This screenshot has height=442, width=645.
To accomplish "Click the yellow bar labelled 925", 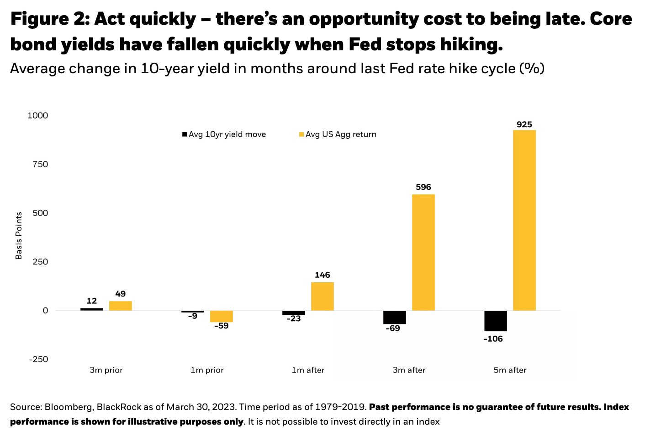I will [x=524, y=220].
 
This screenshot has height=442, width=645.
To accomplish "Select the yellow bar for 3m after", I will [x=423, y=253].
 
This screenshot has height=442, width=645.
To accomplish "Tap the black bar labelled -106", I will [x=496, y=321].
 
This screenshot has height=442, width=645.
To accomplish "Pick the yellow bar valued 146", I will [x=322, y=296].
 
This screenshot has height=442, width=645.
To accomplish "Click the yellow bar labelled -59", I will [x=221, y=316].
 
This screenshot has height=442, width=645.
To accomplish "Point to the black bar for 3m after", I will [x=395, y=317].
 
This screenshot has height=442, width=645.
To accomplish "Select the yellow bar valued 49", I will [x=120, y=306].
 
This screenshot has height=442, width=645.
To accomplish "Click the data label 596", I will [x=423, y=187].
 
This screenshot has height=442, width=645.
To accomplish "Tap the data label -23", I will [x=293, y=318].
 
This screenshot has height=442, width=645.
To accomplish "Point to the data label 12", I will [x=92, y=301].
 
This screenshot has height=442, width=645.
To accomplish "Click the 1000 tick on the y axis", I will [x=38, y=116].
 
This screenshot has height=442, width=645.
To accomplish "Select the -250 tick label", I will [x=38, y=360].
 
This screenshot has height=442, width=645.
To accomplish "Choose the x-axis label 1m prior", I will [x=207, y=370].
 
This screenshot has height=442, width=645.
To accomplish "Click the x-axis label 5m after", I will [x=510, y=370].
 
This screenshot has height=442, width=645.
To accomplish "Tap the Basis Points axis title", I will [x=19, y=236].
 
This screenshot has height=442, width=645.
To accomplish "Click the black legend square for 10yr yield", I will [x=185, y=135].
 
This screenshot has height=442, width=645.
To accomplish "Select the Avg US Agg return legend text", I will [x=341, y=135].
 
